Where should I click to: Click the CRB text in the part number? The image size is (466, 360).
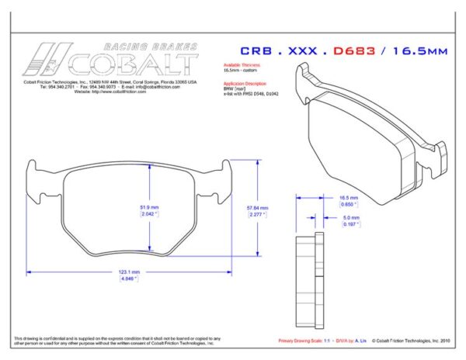point(261,51)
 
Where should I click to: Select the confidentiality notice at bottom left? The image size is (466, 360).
point(116,341)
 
